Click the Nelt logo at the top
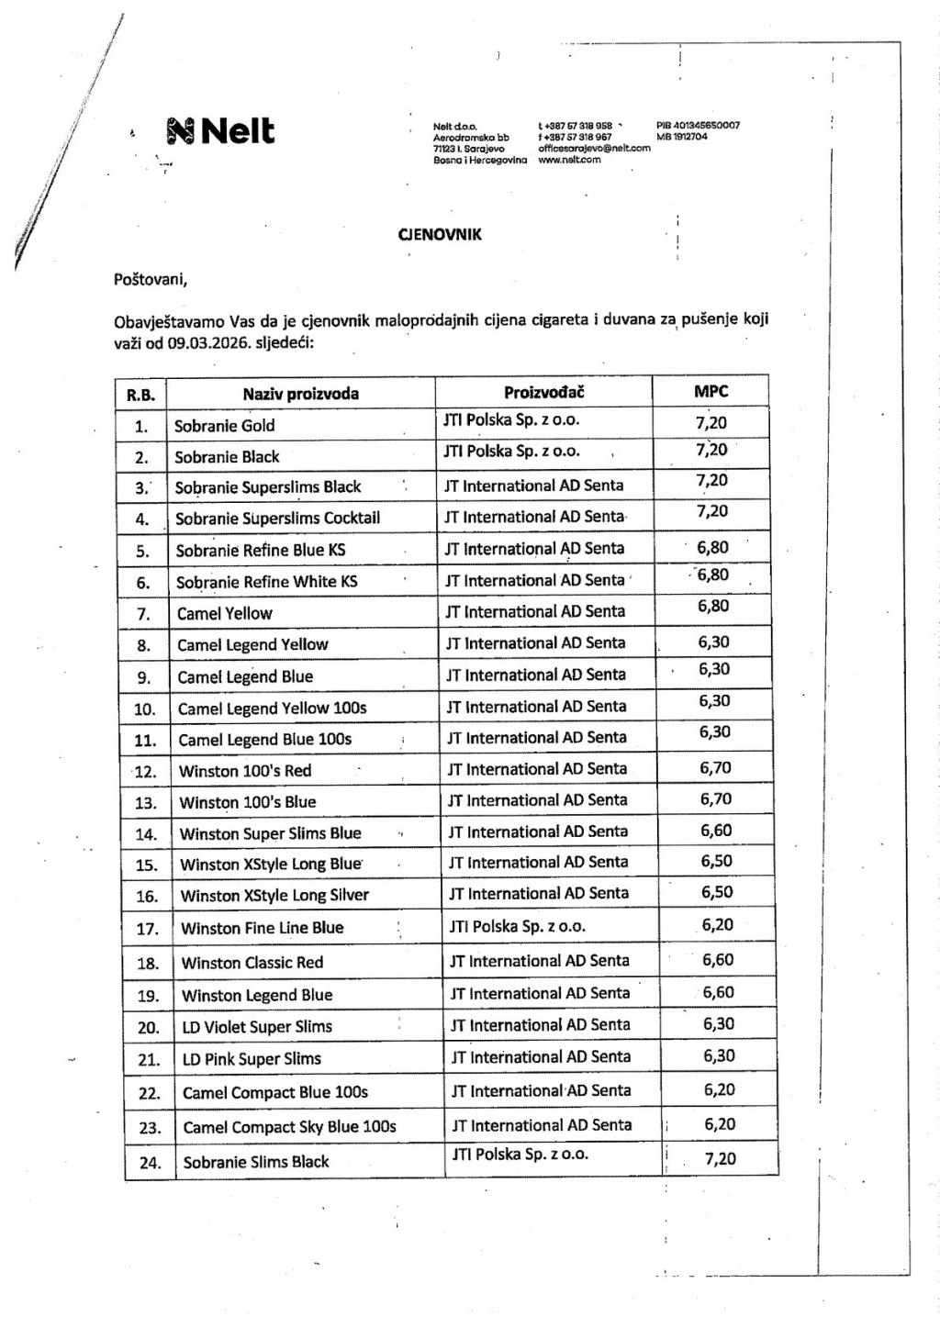[220, 131]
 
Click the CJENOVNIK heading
[439, 234]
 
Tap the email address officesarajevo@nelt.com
[594, 148]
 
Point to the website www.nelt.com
[569, 159]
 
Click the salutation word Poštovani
[151, 277]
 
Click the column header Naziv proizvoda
[300, 394]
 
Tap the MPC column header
[711, 391]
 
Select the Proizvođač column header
[543, 392]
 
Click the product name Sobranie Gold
[225, 426]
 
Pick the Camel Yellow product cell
[225, 613]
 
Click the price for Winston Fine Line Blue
[717, 925]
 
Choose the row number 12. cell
[145, 772]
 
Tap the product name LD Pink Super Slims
[252, 1059]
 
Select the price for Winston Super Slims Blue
[716, 831]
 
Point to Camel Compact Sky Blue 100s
[289, 1126]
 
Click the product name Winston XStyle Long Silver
[274, 896]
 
